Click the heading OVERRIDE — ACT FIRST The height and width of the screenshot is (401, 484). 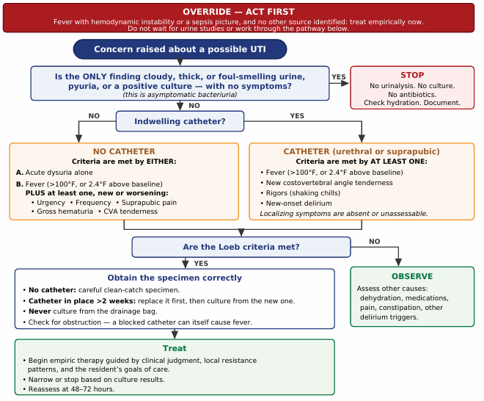238,12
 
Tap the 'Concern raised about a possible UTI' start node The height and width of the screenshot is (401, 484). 180,49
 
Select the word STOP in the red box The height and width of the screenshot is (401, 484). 412,75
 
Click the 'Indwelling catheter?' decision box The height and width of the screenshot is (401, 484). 180,121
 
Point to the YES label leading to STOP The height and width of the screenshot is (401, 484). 339,76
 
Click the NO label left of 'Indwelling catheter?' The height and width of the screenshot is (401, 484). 94,116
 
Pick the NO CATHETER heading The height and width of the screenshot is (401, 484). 124,151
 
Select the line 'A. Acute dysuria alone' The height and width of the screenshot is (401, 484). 54,173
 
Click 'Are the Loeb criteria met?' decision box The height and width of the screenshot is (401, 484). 241,247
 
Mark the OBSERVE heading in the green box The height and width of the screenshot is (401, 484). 412,276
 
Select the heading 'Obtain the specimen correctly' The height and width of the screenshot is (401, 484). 175,278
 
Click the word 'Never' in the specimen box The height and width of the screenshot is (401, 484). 40,311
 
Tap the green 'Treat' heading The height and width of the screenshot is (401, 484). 175,348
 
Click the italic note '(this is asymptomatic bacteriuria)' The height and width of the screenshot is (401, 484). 180,95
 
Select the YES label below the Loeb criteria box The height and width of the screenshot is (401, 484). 201,264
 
